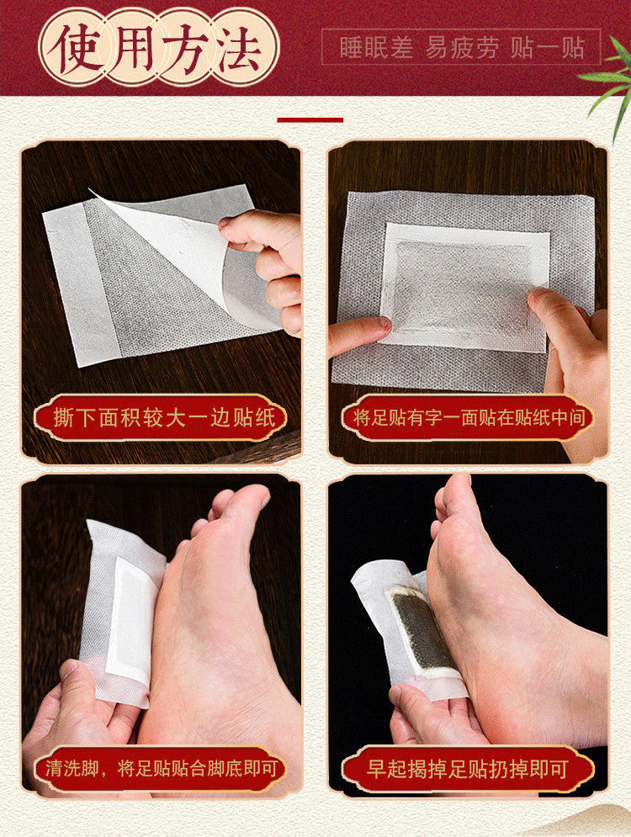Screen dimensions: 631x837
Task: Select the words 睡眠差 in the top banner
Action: point(376,48)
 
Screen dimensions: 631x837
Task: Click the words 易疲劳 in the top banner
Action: point(462,48)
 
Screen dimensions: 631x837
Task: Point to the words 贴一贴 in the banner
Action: point(548,48)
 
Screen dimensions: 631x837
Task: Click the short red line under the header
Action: point(310,120)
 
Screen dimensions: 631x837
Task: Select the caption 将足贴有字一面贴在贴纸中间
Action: point(468,417)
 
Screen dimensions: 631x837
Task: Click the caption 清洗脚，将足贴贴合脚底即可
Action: point(161,769)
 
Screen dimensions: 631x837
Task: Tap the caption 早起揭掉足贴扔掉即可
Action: point(468,769)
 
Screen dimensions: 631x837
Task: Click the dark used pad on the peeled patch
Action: point(422,630)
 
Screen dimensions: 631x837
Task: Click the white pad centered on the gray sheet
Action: point(464,289)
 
